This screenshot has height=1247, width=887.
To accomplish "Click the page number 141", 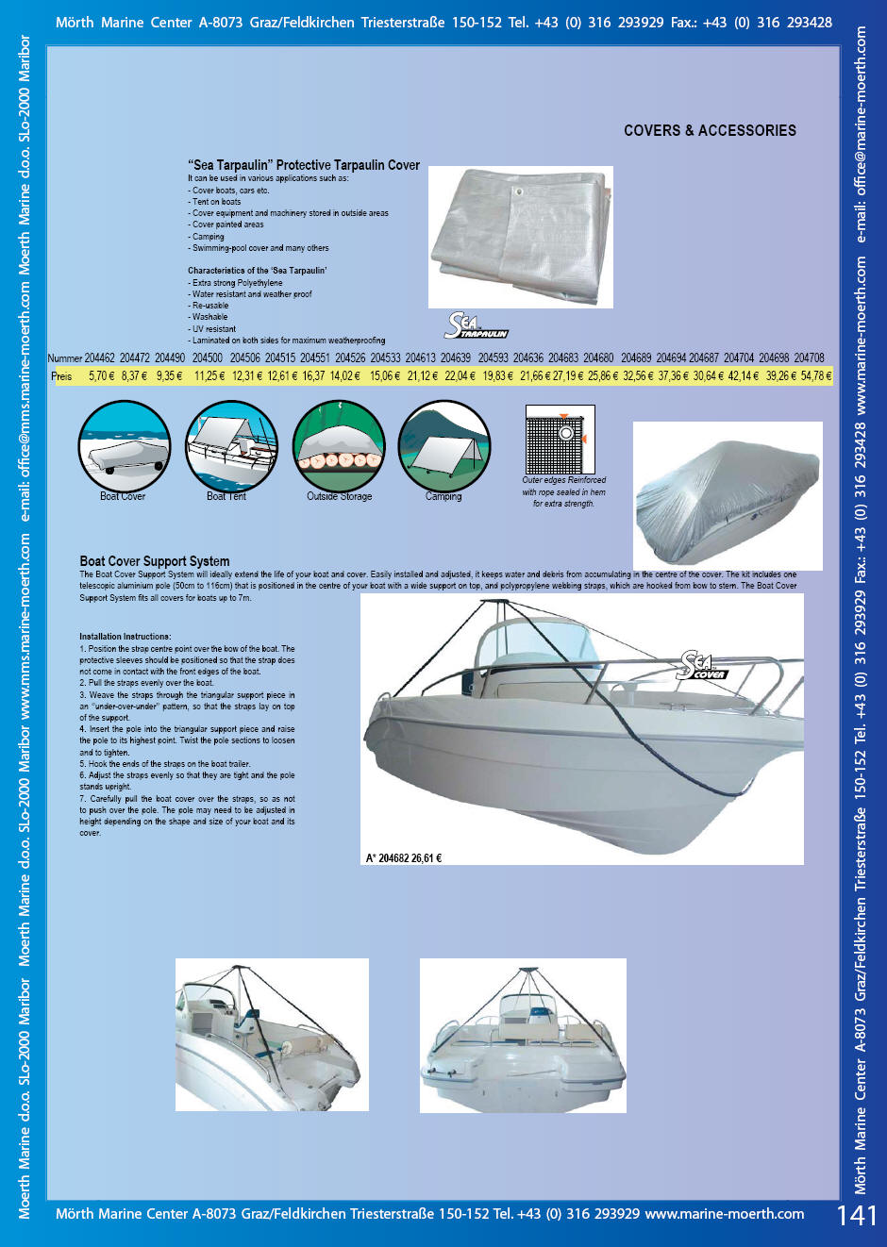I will coord(856,1215).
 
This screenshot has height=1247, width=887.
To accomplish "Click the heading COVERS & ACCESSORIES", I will coord(710,131).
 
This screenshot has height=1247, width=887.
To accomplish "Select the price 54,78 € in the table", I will coord(816,375).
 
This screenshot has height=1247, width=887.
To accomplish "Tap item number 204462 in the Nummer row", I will coord(99,358).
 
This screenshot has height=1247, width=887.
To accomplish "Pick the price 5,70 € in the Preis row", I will coord(101,375).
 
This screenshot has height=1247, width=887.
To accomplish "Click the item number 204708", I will coord(809,358).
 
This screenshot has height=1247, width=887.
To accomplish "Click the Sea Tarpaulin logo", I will coord(476,326).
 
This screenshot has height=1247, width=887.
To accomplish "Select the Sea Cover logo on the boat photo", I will coord(702,666).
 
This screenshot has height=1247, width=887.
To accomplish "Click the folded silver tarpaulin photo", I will coord(521,237).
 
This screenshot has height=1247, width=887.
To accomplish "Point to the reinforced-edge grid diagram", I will coord(560,440).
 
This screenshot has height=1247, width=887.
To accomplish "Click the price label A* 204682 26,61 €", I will coord(404,858).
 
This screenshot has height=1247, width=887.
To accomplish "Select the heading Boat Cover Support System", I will coord(155,561).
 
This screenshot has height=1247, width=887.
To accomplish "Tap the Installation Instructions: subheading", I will coord(126,637).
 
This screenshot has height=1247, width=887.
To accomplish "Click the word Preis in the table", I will coord(61,375).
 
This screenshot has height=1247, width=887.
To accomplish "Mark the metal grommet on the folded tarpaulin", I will coord(517,192).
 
